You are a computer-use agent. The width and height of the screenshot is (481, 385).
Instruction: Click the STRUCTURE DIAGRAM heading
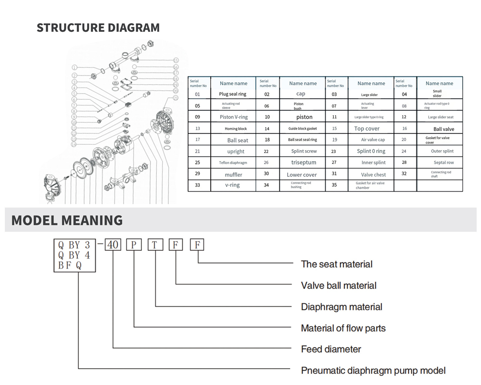98,27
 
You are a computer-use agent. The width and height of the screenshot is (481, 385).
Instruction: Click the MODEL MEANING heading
67,220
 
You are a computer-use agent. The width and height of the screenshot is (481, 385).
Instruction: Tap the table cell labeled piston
304,117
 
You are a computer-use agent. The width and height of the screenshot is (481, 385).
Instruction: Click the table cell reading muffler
233,174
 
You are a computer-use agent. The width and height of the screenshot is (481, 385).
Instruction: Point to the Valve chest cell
373,174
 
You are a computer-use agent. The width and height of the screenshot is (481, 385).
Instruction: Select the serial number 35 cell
334,185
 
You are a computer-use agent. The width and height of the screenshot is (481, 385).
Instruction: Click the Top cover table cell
367,128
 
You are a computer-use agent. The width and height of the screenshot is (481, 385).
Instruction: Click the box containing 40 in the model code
113,244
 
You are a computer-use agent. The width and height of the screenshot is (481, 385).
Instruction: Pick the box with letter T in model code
154,244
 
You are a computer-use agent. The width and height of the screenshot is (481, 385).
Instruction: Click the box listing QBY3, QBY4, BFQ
75,256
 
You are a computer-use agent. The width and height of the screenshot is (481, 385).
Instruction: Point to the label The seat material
336,264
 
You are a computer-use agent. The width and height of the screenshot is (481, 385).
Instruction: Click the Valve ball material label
338,285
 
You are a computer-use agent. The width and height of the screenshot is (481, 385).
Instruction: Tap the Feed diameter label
330,349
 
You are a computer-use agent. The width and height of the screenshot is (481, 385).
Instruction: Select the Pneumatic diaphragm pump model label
373,371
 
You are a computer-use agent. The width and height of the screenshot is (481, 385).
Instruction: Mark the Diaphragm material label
341,307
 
